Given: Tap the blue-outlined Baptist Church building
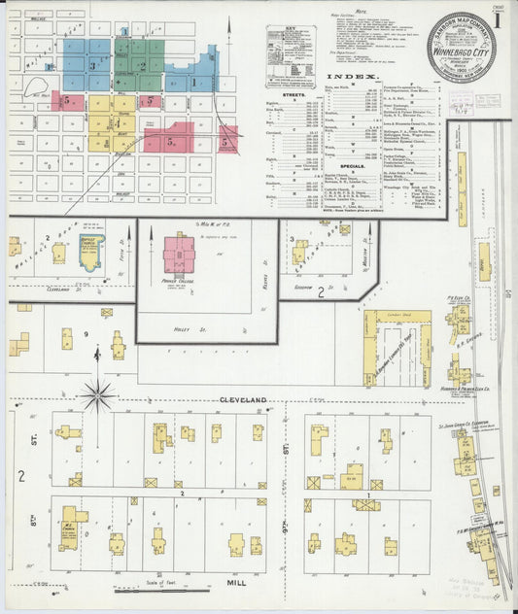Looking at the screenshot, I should [90, 254].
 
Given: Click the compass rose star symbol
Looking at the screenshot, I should [97, 395].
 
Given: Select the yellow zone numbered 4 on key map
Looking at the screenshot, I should [114, 123].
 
